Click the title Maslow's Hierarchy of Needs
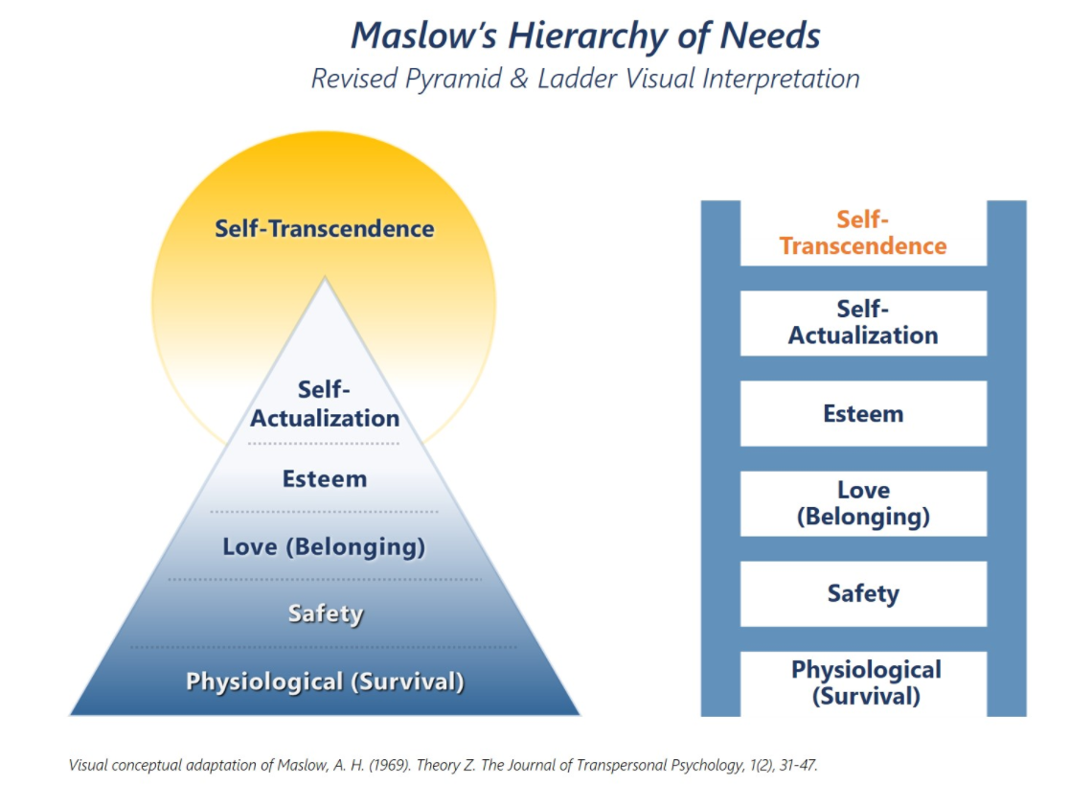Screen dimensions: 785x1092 tap(585, 35)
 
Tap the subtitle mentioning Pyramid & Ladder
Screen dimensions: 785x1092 tap(585, 79)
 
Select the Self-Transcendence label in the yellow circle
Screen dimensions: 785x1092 tap(324, 229)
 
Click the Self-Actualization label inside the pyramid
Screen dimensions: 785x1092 tap(325, 404)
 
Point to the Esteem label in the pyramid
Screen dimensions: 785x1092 tap(325, 478)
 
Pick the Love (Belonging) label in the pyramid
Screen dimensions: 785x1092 tap(324, 547)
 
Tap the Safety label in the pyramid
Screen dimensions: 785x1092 tap(326, 613)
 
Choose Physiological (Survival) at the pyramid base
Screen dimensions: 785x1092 tap(325, 682)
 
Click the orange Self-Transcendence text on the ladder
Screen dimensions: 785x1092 tap(863, 233)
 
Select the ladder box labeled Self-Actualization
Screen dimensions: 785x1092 tap(863, 323)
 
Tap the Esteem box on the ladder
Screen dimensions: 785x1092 tap(863, 414)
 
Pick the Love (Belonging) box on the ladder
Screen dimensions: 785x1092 tap(863, 504)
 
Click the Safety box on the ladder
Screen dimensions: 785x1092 tap(863, 594)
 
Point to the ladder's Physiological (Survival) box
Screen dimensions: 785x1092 tap(863, 682)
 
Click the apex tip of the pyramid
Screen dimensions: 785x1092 tap(325, 280)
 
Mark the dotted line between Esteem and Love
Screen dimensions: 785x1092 tap(325, 512)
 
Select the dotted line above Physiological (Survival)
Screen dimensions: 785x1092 tap(325, 647)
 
